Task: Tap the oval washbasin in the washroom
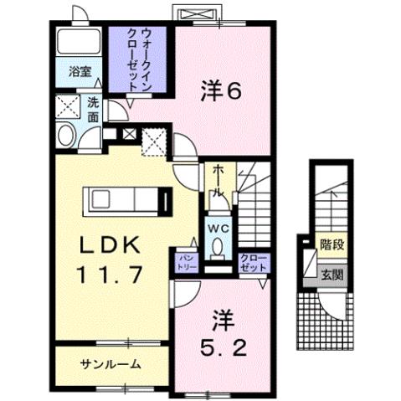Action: [64, 135]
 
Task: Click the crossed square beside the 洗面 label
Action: [66, 106]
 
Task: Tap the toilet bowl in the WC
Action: [218, 246]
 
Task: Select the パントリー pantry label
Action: [186, 260]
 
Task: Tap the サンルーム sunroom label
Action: [111, 364]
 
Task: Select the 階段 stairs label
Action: [332, 245]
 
